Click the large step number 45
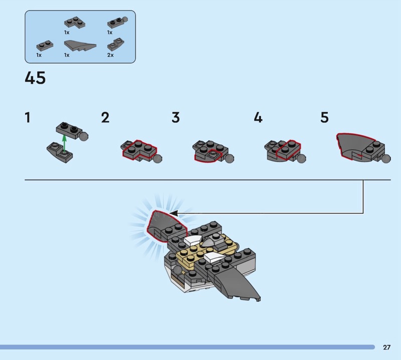pyautogui.click(x=35, y=78)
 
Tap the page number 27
pyautogui.click(x=386, y=347)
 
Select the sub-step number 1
pyautogui.click(x=28, y=117)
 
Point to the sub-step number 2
pyautogui.click(x=105, y=117)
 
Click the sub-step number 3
pyautogui.click(x=176, y=117)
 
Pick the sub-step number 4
pyautogui.click(x=258, y=117)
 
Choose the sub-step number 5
pyautogui.click(x=324, y=117)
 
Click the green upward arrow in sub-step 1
pyautogui.click(x=65, y=144)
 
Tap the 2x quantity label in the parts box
pyautogui.click(x=110, y=55)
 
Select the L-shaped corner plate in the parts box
pyautogui.click(x=74, y=23)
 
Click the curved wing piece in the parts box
pyautogui.click(x=80, y=46)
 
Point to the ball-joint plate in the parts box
pyautogui.click(x=117, y=22)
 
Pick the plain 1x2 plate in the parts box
pyautogui.click(x=45, y=46)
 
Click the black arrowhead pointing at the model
pyautogui.click(x=174, y=213)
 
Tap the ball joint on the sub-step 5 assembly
pyautogui.click(x=386, y=158)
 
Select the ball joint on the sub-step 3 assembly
pyautogui.click(x=229, y=158)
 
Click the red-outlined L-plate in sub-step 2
pyautogui.click(x=139, y=150)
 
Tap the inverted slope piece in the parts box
pyautogui.click(x=116, y=45)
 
